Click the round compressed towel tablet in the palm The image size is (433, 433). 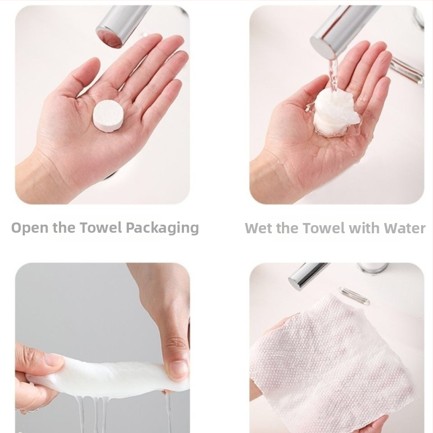108,116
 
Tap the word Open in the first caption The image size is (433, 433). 30,228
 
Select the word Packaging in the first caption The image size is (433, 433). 162,228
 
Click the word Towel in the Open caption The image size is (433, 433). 101,227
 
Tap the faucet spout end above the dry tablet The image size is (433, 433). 110,37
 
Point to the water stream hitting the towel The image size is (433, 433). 333,75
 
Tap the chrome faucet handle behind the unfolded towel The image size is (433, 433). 355,296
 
